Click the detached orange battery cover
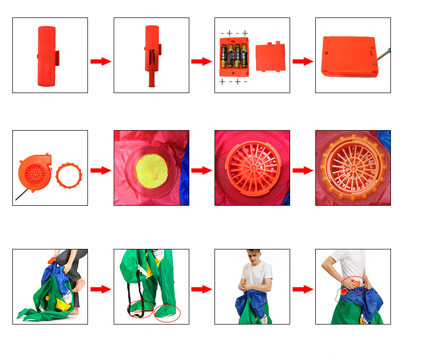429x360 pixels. pos(271,57)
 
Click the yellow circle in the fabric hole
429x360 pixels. pos(151,171)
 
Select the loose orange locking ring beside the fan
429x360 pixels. pos(69,175)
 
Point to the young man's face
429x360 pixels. pos(254,257)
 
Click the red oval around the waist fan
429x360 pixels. pos(354,285)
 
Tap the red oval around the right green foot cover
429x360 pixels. pos(167,313)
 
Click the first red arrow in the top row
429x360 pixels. pos(101,61)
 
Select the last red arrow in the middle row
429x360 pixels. pos(303,170)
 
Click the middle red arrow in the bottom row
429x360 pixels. pos(202,289)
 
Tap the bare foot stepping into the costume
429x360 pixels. pos(79,285)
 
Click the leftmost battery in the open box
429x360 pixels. pos(224,57)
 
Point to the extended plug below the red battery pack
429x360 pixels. pos(152,79)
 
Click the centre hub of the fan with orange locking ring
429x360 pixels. pos(353,168)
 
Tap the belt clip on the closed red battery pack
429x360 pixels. pos(58,58)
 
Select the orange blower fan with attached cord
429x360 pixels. pos(34,173)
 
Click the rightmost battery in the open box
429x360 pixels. pos(244,57)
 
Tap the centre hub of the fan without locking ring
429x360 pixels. pos(254,168)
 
